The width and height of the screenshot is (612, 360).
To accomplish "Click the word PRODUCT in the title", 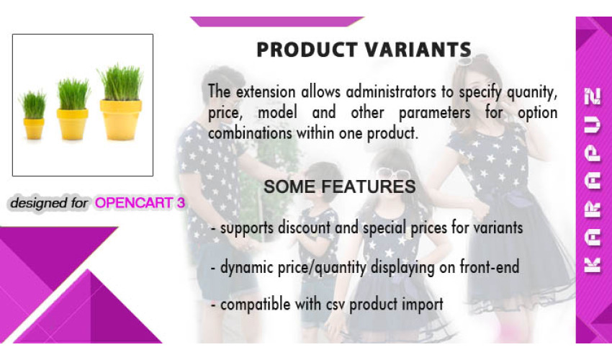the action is point(307,50).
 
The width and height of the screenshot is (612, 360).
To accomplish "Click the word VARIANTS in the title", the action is point(418,50).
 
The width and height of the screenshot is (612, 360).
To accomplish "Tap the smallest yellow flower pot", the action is point(34,128).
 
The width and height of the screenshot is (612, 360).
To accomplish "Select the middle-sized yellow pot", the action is point(72,124).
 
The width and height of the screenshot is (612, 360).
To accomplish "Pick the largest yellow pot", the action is point(121,120).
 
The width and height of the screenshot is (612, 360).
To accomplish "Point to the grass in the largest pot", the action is point(121,84).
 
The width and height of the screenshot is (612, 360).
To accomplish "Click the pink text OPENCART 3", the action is point(140,202).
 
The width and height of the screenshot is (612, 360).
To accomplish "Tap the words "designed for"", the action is point(49,203).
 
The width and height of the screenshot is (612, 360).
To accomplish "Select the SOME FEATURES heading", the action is point(339,186).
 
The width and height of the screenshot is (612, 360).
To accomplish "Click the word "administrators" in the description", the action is point(391,92).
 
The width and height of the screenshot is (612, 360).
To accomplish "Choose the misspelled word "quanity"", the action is point(532,93).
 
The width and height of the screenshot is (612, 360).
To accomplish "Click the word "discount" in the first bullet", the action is point(304,228).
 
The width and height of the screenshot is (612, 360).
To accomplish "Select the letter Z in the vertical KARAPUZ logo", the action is point(593,96).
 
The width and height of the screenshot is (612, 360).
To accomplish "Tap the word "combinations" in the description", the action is point(250,133).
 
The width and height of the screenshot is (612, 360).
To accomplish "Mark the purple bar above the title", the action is point(277,22).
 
